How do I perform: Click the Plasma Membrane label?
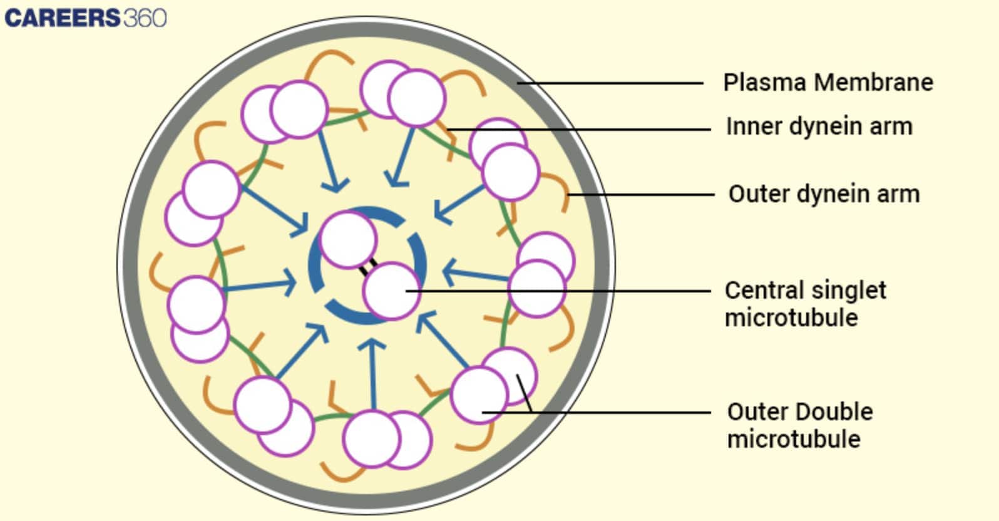tap(827, 82)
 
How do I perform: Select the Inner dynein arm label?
tap(819, 126)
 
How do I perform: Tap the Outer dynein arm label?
tap(824, 193)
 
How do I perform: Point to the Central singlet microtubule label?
tap(805, 304)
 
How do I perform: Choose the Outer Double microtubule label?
tap(799, 425)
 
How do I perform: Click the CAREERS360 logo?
tap(86, 18)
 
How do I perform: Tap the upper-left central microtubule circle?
tap(347, 240)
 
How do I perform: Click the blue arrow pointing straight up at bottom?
tap(374, 376)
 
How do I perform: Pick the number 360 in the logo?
tap(145, 18)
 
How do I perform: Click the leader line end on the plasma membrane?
tap(519, 82)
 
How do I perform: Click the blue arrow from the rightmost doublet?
tap(476, 276)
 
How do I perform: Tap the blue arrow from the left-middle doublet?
tap(260, 287)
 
